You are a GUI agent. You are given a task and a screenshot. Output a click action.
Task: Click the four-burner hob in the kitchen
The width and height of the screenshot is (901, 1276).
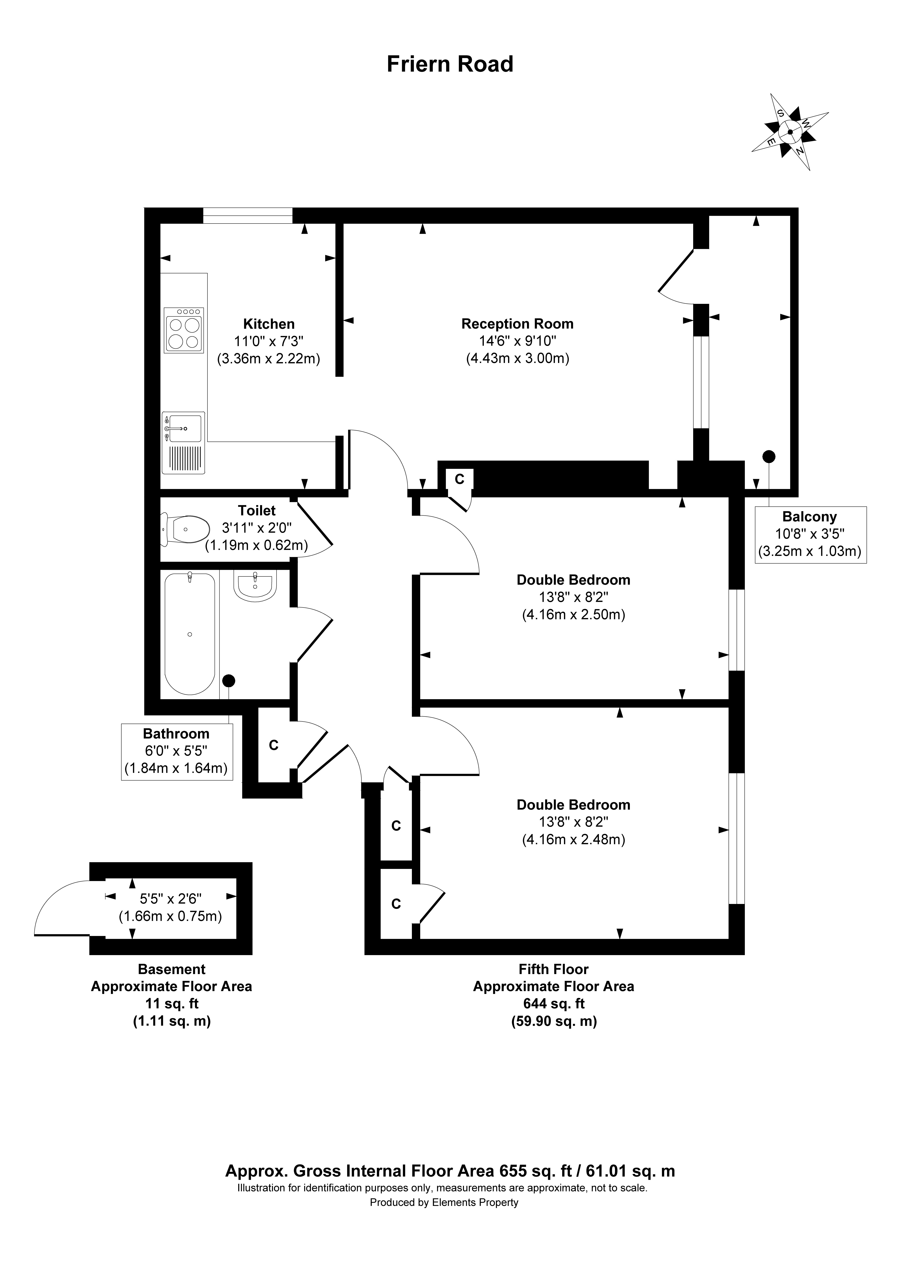point(184,331)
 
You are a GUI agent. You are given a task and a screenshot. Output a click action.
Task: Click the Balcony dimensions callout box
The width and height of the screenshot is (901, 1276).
point(810,535)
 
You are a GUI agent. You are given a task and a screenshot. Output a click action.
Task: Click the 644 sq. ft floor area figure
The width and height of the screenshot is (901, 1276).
point(553,1004)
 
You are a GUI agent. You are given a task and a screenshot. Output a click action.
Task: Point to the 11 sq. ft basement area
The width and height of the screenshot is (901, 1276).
point(172,1004)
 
